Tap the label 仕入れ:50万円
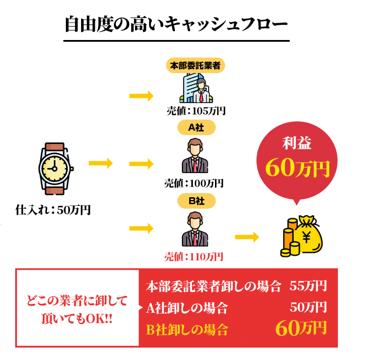click(53, 211)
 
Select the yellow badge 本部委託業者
click(195, 66)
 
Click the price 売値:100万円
click(194, 183)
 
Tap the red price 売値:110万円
click(194, 257)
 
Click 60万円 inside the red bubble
click(298, 169)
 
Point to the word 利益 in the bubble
click(297, 144)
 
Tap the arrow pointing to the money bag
click(246, 237)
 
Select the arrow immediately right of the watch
click(100, 163)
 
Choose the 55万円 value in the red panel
click(308, 286)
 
